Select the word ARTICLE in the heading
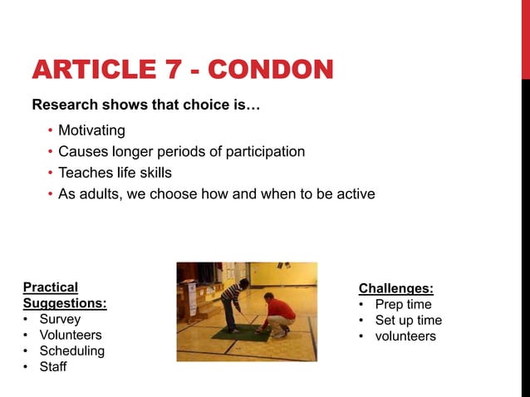click(x=93, y=70)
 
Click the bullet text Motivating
click(x=91, y=130)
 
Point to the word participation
click(x=265, y=152)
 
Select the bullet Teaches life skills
click(x=115, y=173)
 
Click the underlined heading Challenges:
click(x=395, y=288)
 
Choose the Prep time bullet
click(x=403, y=304)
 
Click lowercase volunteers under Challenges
click(x=405, y=336)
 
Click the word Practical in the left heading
click(x=51, y=287)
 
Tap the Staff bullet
click(x=53, y=366)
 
